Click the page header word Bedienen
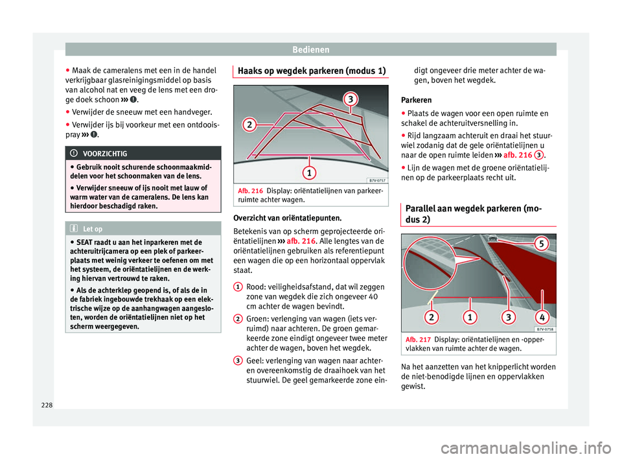[x=311, y=49]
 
